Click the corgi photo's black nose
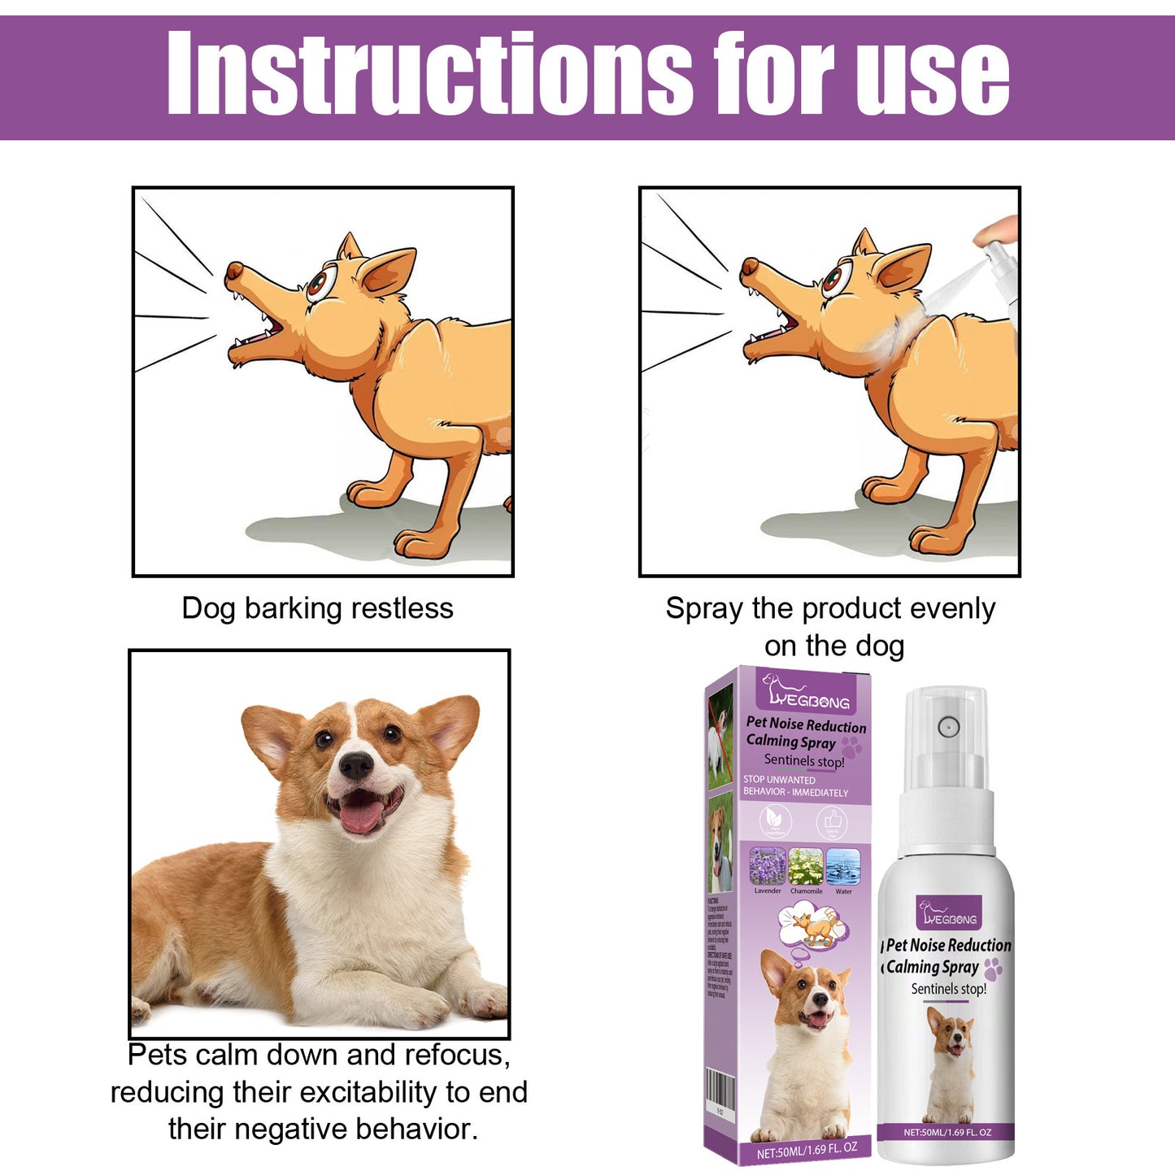pos(355,764)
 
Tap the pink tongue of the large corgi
pos(361,816)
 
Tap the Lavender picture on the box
pos(767,867)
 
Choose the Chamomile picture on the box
pos(806,867)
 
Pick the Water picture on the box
pos(843,867)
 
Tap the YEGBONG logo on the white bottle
pos(949,914)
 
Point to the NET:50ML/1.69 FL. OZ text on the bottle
pos(947,1132)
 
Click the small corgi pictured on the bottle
pos(951,1061)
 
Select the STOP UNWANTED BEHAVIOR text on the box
pos(794,786)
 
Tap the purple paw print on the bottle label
pos(993,968)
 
